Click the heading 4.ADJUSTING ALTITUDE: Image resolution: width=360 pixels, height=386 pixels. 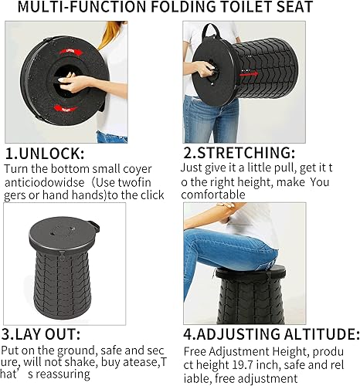point(270,334)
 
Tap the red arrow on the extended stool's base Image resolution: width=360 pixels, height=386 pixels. point(246,77)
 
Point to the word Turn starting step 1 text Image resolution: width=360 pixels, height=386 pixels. point(17,168)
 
